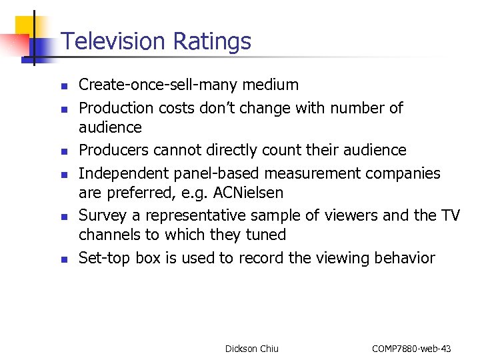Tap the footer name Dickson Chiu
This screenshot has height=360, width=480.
[x=252, y=349]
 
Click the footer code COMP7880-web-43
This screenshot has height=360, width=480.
[x=411, y=349]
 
